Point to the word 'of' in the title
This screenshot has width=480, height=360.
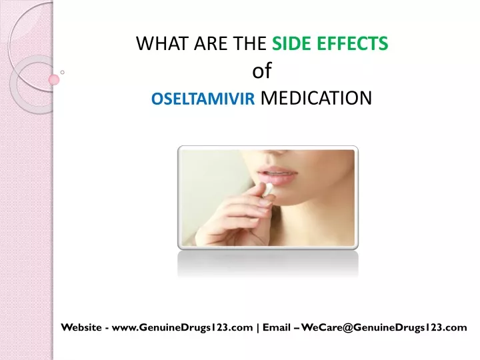[x=262, y=71]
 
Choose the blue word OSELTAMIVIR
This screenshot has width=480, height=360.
[x=203, y=99]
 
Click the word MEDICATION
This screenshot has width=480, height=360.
[x=316, y=98]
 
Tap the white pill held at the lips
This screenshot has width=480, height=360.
[x=269, y=189]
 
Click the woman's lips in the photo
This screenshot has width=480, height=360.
[x=277, y=175]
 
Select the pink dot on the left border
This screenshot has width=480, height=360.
[x=54, y=79]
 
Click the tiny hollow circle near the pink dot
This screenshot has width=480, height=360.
[x=63, y=72]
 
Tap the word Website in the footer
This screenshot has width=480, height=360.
[x=81, y=327]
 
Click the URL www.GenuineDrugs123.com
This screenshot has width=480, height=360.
[x=183, y=327]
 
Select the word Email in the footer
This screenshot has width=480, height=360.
[x=277, y=327]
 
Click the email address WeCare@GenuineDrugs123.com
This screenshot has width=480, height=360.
[x=384, y=327]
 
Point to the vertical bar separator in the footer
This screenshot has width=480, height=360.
[x=258, y=327]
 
